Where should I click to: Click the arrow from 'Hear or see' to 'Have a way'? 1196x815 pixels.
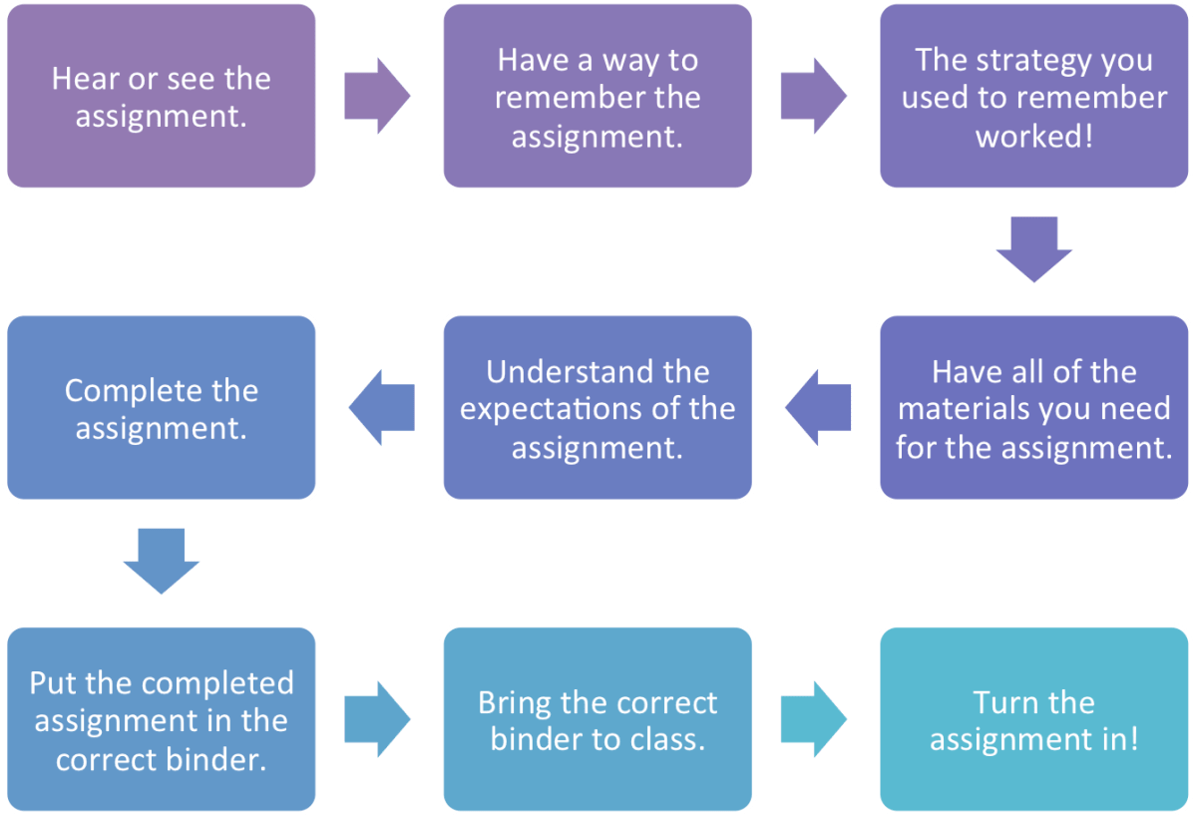click(x=376, y=97)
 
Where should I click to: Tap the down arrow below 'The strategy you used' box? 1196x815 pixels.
click(x=1033, y=249)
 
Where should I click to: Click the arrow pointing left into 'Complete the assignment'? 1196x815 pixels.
click(x=382, y=408)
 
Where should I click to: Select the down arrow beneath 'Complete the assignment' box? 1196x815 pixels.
click(x=161, y=562)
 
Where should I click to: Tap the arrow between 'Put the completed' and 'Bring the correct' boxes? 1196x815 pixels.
click(x=376, y=719)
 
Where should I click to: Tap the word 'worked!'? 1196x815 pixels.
click(x=1033, y=136)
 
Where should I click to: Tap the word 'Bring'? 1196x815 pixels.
click(x=515, y=703)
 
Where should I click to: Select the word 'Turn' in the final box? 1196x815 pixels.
click(x=1007, y=703)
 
